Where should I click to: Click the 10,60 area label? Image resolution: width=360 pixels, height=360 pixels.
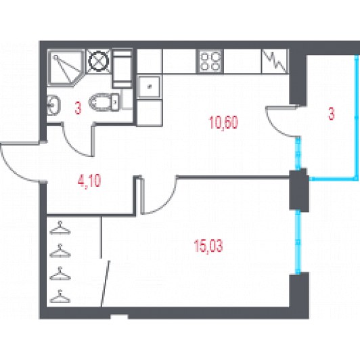click(223, 123)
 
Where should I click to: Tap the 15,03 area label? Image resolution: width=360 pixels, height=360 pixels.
click(208, 246)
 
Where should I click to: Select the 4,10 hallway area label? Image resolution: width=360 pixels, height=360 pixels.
click(89, 181)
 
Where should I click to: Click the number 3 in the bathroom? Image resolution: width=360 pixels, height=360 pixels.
click(78, 108)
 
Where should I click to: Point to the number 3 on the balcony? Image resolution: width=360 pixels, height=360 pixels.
click(332, 114)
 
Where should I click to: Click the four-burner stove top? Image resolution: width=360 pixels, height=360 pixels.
click(210, 62)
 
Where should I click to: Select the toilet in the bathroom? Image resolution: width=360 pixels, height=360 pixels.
click(105, 102)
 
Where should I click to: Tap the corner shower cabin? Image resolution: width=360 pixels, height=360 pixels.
click(66, 68)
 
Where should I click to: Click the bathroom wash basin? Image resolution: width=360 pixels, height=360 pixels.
click(53, 105)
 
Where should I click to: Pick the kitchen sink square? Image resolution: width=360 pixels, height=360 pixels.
click(150, 87)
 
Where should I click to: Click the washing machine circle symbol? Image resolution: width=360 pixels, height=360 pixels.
click(99, 62)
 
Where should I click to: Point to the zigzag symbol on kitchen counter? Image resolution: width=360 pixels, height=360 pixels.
click(274, 61)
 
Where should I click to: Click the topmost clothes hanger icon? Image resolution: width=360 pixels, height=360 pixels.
click(60, 228)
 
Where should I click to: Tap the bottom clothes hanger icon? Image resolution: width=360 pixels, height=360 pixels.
click(60, 296)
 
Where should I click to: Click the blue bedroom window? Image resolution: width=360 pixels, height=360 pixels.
click(298, 242)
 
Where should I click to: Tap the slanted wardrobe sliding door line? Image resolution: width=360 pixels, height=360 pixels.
click(106, 284)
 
